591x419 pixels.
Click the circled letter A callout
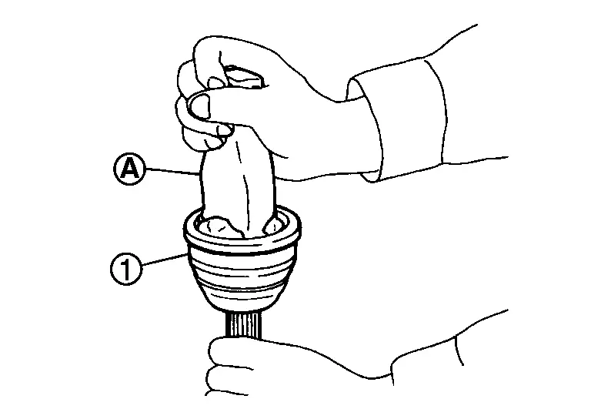(x=129, y=169)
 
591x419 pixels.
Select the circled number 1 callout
(x=126, y=269)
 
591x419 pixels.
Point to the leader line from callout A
(x=172, y=171)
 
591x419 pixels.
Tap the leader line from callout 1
(x=165, y=260)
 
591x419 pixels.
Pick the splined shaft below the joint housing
(x=243, y=324)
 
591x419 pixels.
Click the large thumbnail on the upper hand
(x=199, y=106)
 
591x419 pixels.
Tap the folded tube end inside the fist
(x=244, y=77)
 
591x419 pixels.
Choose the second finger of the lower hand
(x=226, y=379)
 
